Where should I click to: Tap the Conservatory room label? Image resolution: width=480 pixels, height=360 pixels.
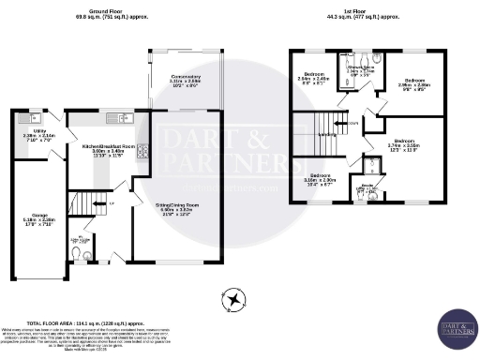184,81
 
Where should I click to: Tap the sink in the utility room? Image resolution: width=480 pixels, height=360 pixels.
24,116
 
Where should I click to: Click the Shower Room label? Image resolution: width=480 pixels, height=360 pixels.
362,68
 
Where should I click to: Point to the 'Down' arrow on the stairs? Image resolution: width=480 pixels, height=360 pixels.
352,123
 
